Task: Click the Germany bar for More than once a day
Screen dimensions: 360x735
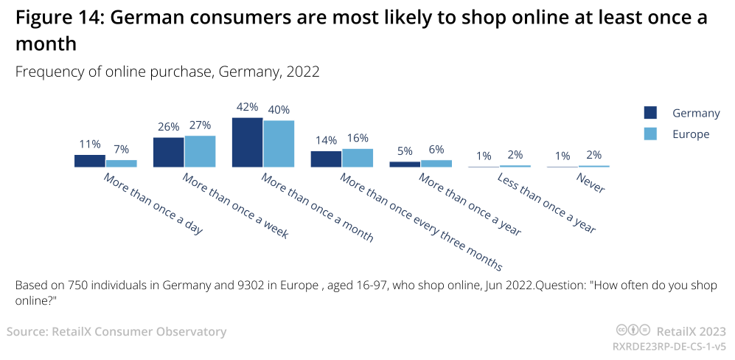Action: pos(90,161)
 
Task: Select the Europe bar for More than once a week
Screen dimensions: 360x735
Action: pos(200,151)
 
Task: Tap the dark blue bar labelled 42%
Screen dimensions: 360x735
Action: pos(247,142)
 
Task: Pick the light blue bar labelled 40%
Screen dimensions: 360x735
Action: pos(279,144)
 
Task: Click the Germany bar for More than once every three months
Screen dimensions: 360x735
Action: pos(326,159)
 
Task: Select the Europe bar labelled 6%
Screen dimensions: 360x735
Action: pos(436,164)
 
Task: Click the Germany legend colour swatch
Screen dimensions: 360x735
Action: pos(650,113)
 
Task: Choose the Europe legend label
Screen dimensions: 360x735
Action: pos(691,134)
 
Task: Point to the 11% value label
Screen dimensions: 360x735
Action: pos(90,145)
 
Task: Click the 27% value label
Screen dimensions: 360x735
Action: pos(200,125)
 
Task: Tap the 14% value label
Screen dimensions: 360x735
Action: pos(326,140)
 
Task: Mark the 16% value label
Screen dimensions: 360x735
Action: pos(358,138)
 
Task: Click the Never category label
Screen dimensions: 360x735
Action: pos(591,184)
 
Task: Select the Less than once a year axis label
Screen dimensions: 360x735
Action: pos(546,204)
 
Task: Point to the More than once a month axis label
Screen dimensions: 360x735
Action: pos(317,208)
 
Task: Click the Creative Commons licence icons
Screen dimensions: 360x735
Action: pos(633,331)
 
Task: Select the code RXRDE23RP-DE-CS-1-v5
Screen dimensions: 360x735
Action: pos(669,346)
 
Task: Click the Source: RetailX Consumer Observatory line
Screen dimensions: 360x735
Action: pos(116,332)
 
